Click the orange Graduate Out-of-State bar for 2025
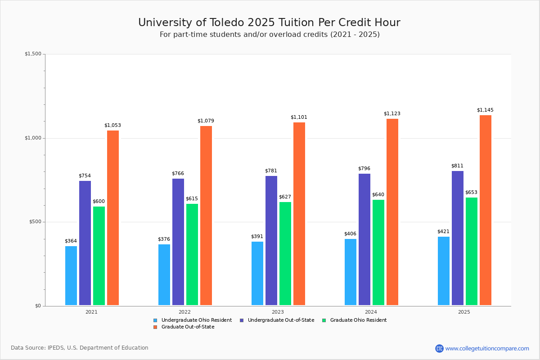click(486, 210)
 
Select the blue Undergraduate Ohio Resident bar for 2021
click(71, 275)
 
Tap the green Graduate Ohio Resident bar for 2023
click(285, 253)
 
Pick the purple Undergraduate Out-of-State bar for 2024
click(364, 239)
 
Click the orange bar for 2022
click(206, 216)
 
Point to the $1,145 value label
click(485, 110)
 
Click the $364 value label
click(71, 241)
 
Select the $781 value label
click(271, 171)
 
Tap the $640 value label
click(378, 195)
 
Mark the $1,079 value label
click(206, 121)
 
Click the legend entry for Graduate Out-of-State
click(188, 327)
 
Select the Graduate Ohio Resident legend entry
click(358, 320)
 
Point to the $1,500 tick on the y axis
click(33, 54)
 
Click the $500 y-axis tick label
click(35, 222)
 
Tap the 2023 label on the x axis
click(278, 312)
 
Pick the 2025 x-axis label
click(464, 312)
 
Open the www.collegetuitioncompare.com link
click(487, 348)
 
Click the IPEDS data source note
click(80, 348)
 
